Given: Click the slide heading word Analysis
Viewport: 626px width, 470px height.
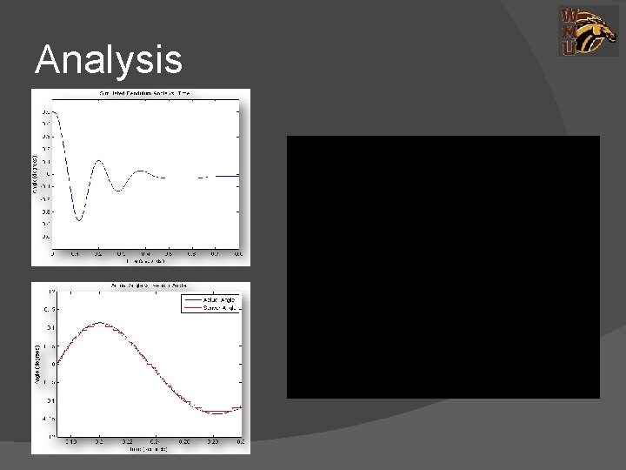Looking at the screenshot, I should click(109, 60).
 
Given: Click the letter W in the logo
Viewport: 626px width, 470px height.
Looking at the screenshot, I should click(568, 15).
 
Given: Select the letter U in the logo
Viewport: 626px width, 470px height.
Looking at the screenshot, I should click(568, 49).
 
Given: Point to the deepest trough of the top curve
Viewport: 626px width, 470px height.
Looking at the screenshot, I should click(79, 219).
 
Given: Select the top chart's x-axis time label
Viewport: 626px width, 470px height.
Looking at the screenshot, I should click(144, 260).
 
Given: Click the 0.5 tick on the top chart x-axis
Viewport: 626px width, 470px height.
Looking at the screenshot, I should click(169, 254).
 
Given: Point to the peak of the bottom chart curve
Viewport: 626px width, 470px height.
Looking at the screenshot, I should click(101, 323).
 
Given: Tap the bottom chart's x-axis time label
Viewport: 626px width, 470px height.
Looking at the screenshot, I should click(144, 449).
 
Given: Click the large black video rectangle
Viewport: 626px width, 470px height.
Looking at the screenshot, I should click(443, 266).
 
